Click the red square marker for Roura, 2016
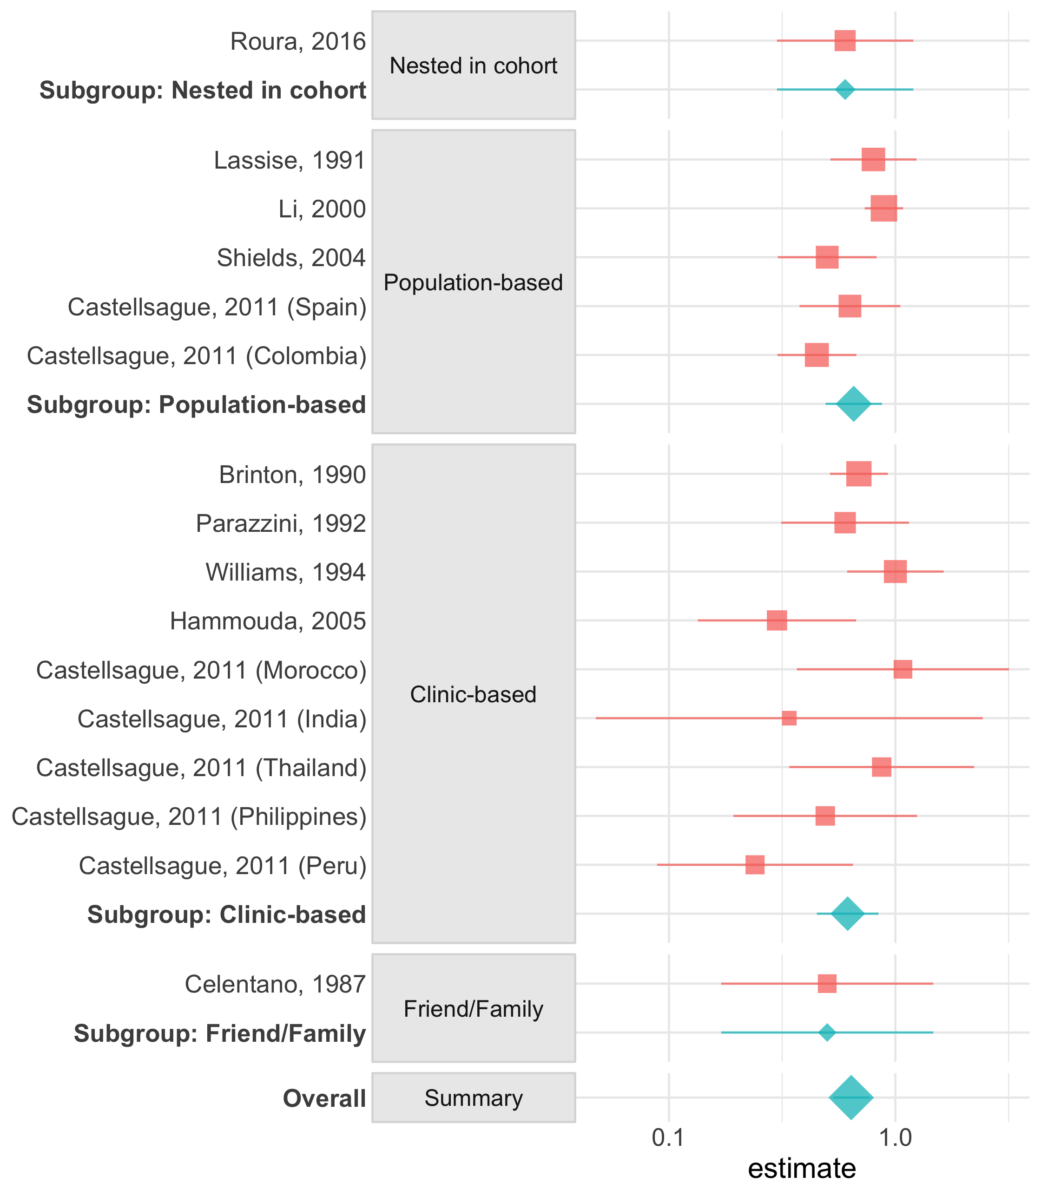(x=845, y=41)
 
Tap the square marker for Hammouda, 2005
(x=777, y=621)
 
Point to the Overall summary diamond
(x=851, y=1098)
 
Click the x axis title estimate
(x=802, y=1168)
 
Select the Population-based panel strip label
(x=474, y=283)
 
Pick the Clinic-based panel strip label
(x=474, y=694)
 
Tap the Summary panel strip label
(x=474, y=1098)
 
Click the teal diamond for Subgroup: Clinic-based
(x=848, y=914)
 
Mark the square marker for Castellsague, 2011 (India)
(x=789, y=718)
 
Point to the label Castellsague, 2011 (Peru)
(x=223, y=866)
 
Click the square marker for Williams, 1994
(x=895, y=572)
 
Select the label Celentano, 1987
(x=275, y=985)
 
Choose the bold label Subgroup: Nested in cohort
(x=203, y=91)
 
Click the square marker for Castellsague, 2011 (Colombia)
(x=817, y=355)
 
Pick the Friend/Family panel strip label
(x=474, y=1009)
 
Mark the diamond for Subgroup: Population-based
(x=853, y=404)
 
